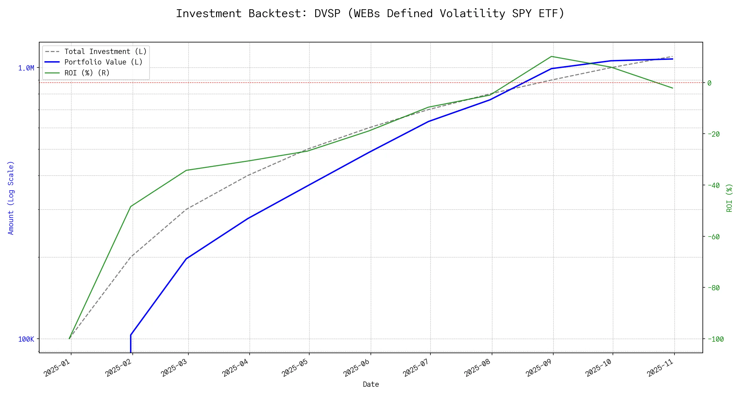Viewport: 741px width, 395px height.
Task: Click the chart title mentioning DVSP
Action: point(370,14)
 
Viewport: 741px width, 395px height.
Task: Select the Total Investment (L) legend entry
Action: point(105,52)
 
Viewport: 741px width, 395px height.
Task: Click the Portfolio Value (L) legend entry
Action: point(103,62)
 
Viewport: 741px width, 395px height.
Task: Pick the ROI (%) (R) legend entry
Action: point(87,73)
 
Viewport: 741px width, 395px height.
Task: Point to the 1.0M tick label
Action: point(26,68)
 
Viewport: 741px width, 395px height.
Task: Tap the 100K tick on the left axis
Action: point(26,339)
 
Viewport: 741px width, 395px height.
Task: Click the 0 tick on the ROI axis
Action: point(709,83)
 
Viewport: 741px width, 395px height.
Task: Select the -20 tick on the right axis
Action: point(713,134)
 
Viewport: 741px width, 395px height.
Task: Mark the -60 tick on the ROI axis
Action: point(713,237)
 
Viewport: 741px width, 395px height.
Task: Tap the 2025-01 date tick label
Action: point(57,368)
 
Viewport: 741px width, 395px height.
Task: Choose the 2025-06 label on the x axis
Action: point(357,368)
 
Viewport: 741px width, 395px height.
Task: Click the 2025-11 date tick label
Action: point(660,368)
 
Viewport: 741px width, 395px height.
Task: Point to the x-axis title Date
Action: point(371,384)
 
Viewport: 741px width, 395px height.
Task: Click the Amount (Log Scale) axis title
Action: point(11,198)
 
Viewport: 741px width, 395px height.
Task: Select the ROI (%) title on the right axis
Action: point(729,198)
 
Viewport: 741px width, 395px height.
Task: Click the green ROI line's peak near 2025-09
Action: point(551,56)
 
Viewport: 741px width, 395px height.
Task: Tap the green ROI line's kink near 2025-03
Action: point(187,170)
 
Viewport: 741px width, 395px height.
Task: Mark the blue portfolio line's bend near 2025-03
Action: point(187,258)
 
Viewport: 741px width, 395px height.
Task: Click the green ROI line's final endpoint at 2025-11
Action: point(672,88)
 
